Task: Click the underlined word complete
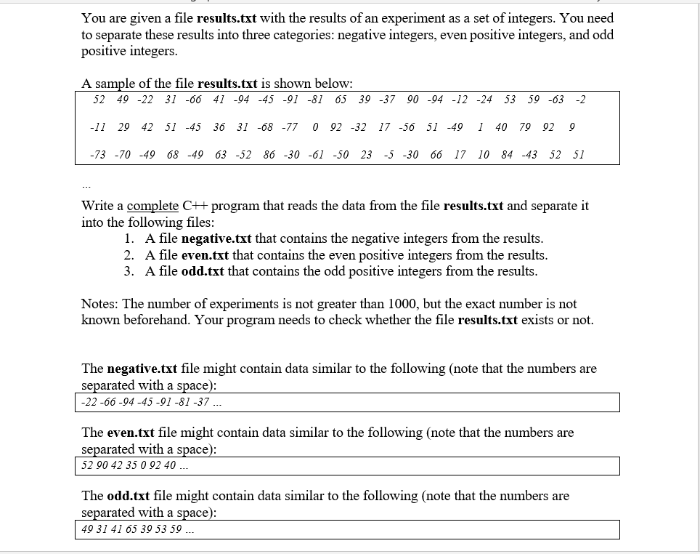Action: click(152, 206)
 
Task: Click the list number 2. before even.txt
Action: click(129, 255)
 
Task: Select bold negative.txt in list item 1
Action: click(216, 238)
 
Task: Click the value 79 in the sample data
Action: click(525, 127)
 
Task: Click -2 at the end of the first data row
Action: click(579, 100)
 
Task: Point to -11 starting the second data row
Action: click(97, 127)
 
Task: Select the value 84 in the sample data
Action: click(507, 155)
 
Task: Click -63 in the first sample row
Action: click(555, 100)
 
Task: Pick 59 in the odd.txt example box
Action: click(175, 529)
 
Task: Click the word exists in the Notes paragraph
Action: click(537, 320)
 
